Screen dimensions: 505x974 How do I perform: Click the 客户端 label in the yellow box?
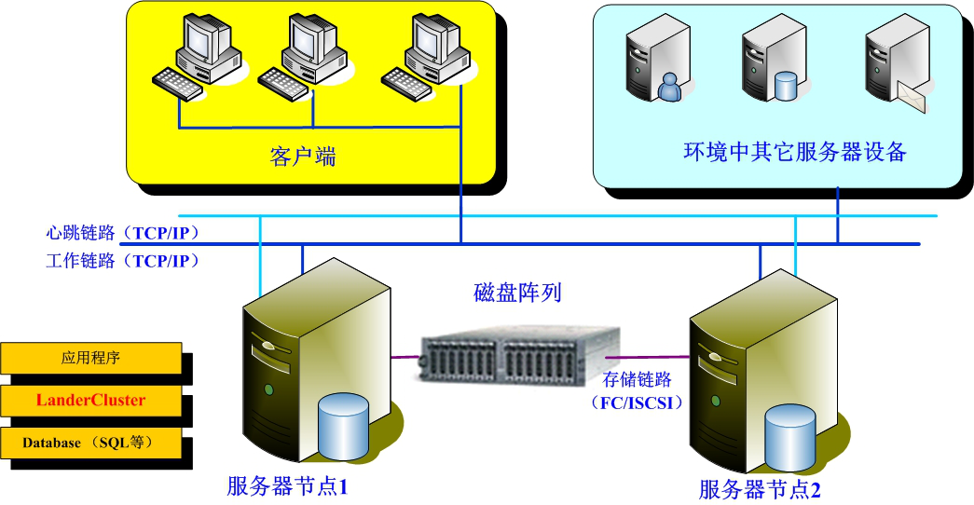point(303,156)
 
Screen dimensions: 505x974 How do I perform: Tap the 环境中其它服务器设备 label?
point(795,152)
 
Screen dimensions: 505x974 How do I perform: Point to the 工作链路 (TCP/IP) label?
point(122,261)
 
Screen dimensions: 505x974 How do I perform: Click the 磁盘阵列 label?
point(517,293)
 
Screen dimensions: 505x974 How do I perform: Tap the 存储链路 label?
point(637,380)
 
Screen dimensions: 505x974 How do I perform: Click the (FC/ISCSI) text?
point(637,403)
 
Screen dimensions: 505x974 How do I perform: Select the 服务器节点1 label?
point(287,485)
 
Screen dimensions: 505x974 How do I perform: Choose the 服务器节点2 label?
point(760,489)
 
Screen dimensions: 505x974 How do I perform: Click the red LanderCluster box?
point(91,401)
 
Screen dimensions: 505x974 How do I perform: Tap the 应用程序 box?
point(91,357)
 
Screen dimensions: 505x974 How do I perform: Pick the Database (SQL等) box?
point(91,443)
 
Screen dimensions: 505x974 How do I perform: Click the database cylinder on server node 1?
point(344,426)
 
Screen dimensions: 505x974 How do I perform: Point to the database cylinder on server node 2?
point(790,438)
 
